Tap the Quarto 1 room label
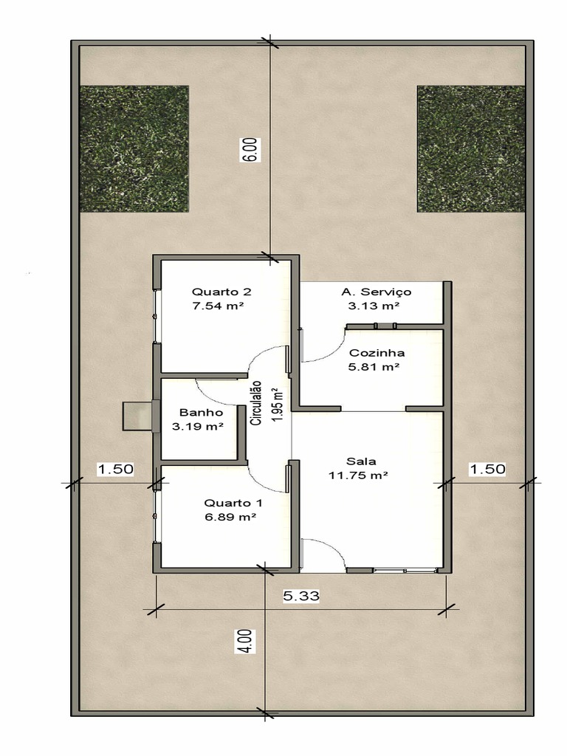[x=233, y=503]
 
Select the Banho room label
[x=201, y=412]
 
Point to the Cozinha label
[x=377, y=352]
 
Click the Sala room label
[x=361, y=461]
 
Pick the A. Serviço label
[x=376, y=292]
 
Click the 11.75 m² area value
[x=359, y=475]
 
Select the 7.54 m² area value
[x=218, y=306]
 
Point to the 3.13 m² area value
[x=374, y=306]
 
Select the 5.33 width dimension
[x=301, y=596]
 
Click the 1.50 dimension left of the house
[x=115, y=469]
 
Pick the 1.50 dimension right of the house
[x=487, y=469]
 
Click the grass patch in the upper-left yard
[x=134, y=148]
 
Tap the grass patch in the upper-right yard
[x=471, y=149]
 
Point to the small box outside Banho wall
[x=137, y=416]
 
